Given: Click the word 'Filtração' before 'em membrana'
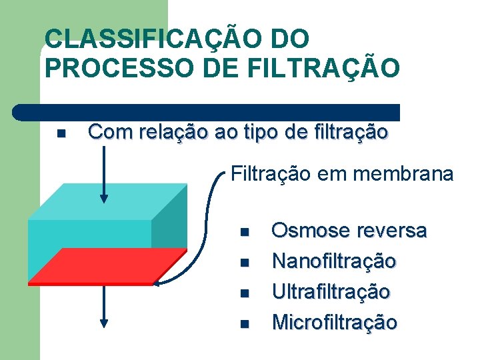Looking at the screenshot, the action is [271, 175].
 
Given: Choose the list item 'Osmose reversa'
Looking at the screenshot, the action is [349, 231].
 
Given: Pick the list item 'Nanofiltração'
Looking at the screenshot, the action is [333, 261].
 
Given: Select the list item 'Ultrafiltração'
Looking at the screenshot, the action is [331, 292].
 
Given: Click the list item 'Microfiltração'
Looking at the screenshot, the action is [335, 323].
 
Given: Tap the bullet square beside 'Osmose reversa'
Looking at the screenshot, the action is [244, 233].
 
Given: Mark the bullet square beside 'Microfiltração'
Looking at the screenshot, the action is [244, 324].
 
